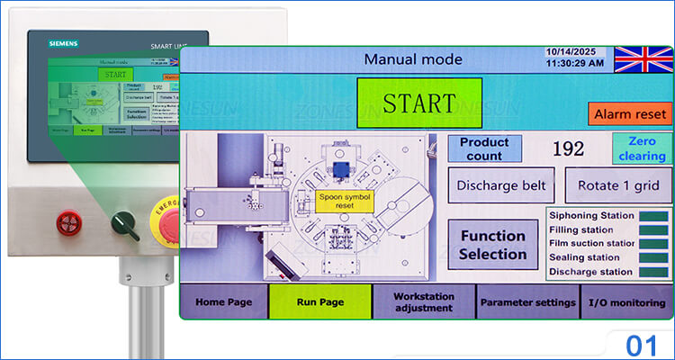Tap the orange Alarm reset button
[631, 114]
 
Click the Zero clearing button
[642, 148]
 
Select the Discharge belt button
[501, 186]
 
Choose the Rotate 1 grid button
[618, 186]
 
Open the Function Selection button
[492, 245]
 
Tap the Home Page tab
[224, 301]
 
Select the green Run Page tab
[319, 301]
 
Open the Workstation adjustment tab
[423, 301]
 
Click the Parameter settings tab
[527, 301]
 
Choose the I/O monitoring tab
[626, 301]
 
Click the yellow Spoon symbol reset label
[345, 200]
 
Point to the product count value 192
[567, 149]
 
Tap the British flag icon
[643, 59]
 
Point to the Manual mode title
[413, 59]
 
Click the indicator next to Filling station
[652, 230]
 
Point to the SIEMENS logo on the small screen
[63, 42]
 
